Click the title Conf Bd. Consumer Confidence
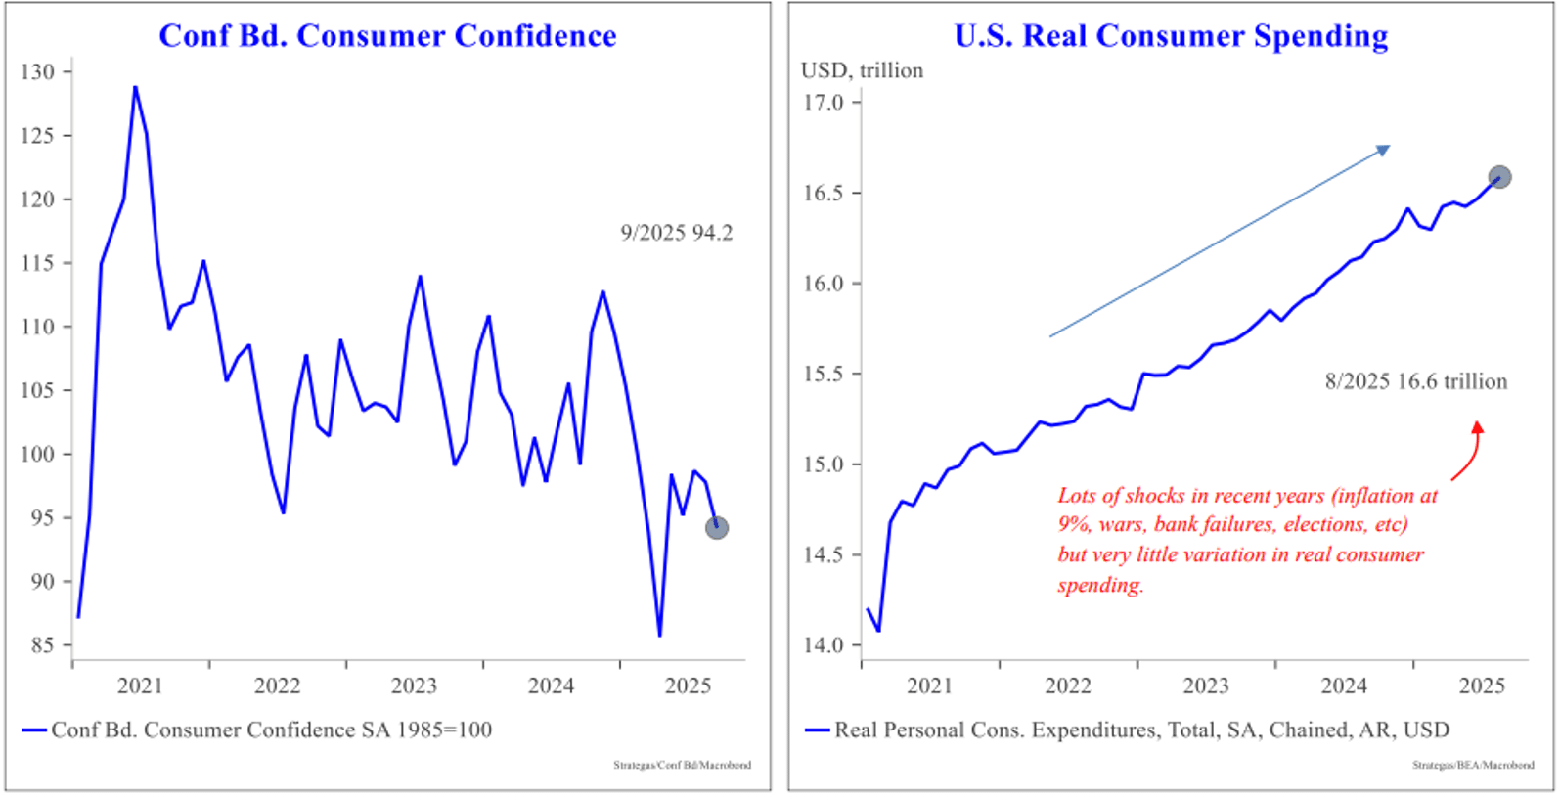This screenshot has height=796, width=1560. [x=387, y=36]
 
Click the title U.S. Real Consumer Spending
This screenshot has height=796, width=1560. [x=1171, y=36]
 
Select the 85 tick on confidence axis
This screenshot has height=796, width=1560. [x=42, y=645]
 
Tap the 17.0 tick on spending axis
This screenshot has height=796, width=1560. [x=823, y=103]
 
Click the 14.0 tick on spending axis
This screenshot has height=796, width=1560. [x=823, y=645]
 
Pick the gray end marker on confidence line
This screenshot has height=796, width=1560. [x=717, y=528]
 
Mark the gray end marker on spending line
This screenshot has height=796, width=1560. [x=1499, y=177]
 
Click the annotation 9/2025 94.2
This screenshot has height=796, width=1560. [x=676, y=233]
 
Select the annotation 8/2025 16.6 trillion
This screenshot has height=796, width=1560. [x=1415, y=381]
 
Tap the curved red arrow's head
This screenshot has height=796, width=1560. [x=1477, y=427]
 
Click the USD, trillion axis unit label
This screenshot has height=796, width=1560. [x=862, y=70]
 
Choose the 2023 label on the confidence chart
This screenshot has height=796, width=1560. [x=414, y=685]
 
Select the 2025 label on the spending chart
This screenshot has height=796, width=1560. [x=1481, y=685]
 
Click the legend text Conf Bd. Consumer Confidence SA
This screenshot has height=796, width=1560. [x=271, y=730]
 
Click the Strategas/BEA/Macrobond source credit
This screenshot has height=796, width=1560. [x=1472, y=765]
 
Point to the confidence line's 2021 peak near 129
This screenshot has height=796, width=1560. [x=135, y=87]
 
